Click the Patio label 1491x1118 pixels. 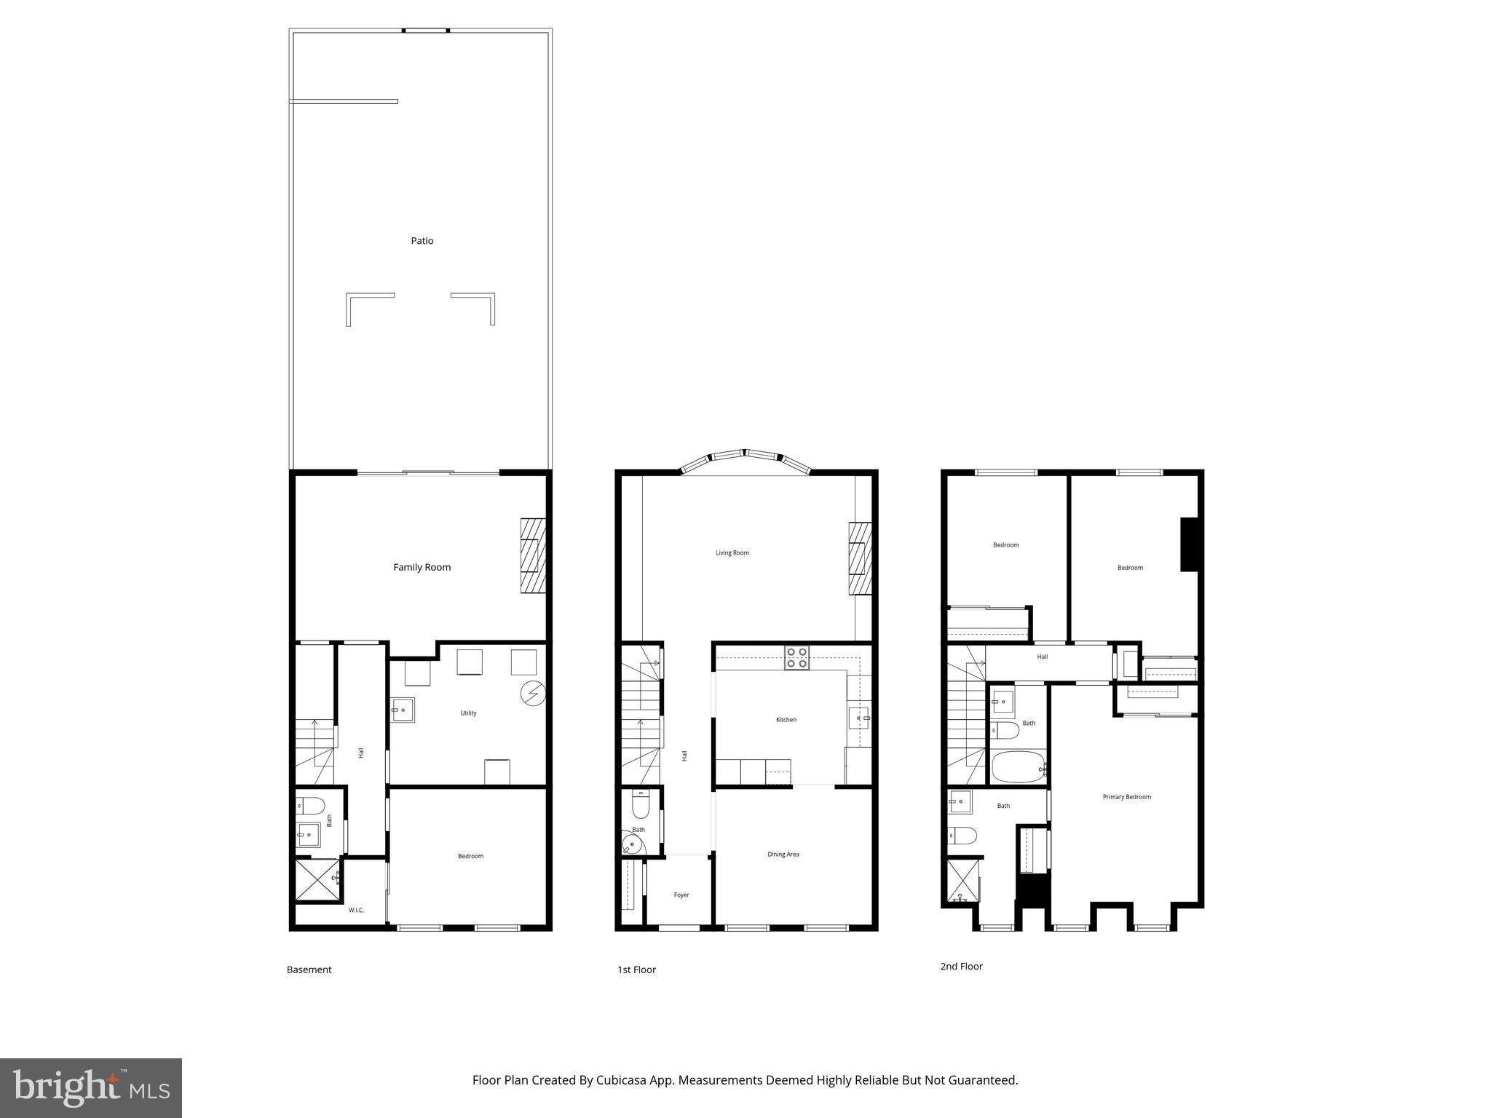click(422, 241)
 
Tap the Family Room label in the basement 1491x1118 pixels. click(422, 567)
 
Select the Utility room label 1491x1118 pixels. click(468, 713)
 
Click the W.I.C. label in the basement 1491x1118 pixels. click(356, 910)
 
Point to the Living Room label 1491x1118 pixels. click(732, 553)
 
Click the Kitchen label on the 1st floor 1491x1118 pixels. click(786, 720)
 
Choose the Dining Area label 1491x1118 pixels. click(783, 855)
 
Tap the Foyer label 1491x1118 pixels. click(681, 895)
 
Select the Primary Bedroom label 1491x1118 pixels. click(1127, 797)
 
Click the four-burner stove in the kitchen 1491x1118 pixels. click(796, 658)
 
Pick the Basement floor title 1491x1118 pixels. click(309, 970)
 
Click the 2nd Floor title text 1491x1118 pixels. click(961, 967)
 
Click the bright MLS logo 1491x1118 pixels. click(91, 1087)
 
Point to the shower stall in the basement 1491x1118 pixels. click(317, 881)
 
